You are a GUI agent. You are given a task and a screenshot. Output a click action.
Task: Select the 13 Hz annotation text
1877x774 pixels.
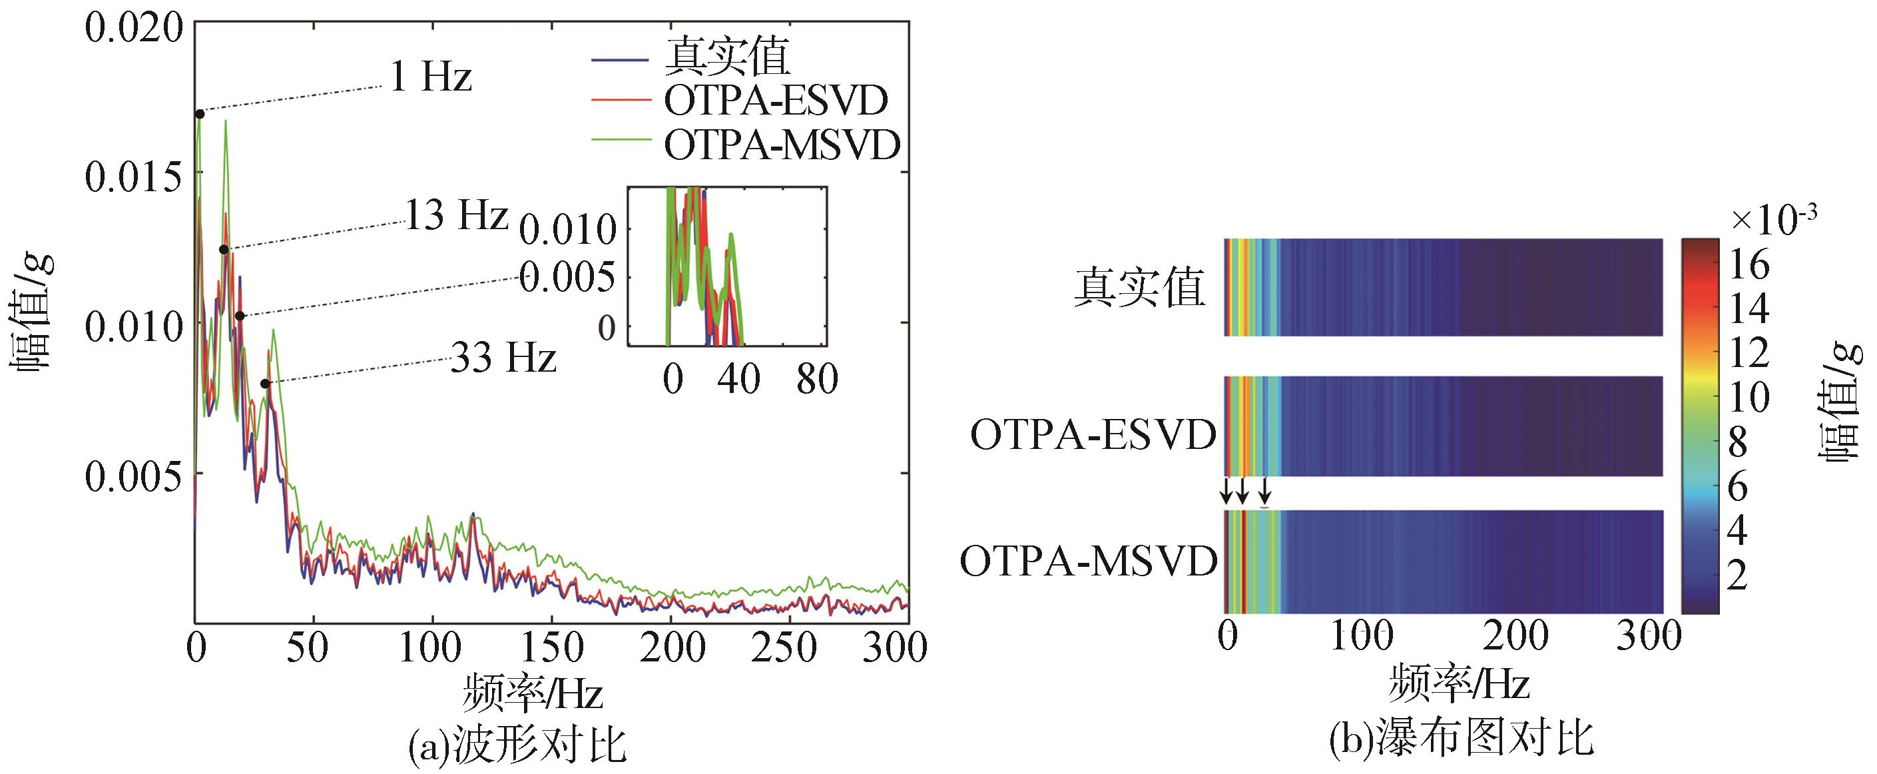click(x=455, y=215)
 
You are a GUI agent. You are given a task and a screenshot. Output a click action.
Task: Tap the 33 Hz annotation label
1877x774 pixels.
click(x=503, y=358)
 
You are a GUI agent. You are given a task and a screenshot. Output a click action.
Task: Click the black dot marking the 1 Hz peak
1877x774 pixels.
click(x=200, y=114)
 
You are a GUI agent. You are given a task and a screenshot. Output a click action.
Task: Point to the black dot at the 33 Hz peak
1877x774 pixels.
click(x=265, y=384)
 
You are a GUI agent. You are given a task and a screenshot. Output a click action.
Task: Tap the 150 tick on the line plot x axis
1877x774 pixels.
click(x=551, y=647)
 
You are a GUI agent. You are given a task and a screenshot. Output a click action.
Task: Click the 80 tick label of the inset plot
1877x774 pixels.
click(x=817, y=379)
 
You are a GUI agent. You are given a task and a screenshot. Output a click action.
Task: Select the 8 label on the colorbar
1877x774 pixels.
click(x=1738, y=442)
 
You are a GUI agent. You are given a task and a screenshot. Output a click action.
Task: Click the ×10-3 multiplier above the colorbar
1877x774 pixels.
click(x=1773, y=219)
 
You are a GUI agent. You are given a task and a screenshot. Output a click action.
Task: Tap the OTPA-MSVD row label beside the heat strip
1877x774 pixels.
click(x=1088, y=562)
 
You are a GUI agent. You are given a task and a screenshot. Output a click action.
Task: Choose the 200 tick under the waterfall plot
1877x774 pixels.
click(x=1515, y=636)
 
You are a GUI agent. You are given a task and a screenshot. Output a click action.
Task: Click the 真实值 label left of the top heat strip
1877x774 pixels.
click(x=1140, y=288)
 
